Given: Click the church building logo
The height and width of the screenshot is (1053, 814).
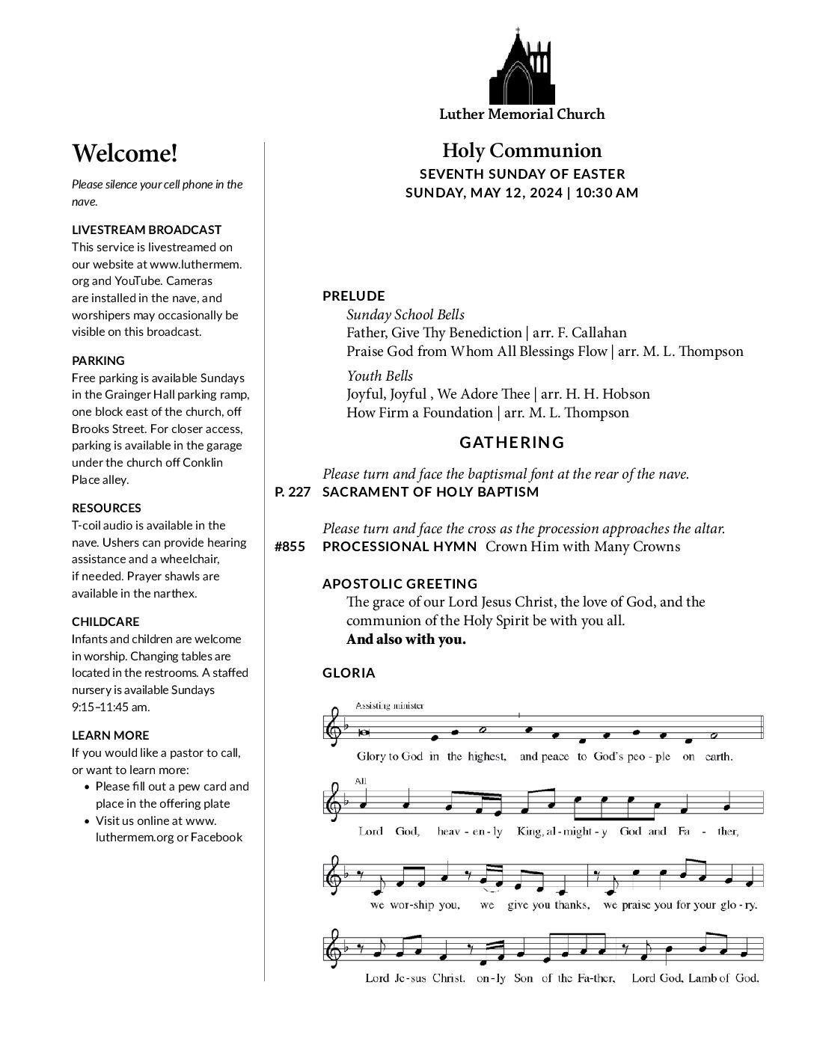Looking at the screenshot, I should [521, 68].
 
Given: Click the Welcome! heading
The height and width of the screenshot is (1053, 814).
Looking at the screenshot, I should [125, 153].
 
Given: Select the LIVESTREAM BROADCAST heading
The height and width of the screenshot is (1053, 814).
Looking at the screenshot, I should [147, 230].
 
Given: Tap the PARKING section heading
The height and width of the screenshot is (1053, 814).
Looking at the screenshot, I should [98, 360].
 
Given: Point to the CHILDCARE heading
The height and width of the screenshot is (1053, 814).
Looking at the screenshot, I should [105, 621].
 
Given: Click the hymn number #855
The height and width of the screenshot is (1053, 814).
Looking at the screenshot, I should [290, 547].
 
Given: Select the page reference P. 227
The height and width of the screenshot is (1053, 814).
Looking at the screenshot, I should [293, 492].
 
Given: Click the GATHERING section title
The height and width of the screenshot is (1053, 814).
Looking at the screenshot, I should [512, 442].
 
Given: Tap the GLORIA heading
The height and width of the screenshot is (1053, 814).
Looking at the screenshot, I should [349, 673].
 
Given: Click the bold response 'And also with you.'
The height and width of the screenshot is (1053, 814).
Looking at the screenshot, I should [406, 639].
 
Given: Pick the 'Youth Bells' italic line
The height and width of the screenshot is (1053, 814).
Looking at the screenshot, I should [379, 375].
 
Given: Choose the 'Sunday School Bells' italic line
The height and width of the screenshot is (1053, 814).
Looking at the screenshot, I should [405, 314].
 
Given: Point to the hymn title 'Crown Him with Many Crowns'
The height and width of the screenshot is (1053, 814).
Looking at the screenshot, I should [582, 547].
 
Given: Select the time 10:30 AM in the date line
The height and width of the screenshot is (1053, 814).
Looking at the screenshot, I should [607, 192].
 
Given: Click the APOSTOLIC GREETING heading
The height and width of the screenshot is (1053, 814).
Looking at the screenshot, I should [400, 583].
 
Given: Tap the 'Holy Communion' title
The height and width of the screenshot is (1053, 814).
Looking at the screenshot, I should [521, 150].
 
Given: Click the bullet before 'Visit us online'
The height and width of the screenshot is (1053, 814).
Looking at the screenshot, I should [88, 821].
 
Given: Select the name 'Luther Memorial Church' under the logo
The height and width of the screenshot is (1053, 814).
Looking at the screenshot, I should [521, 114].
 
